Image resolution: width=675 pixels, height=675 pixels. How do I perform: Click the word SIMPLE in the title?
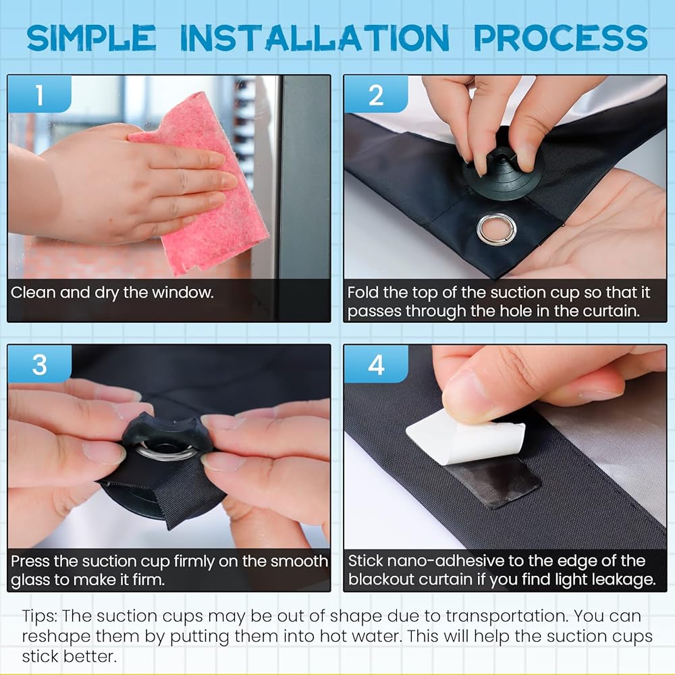click(91, 38)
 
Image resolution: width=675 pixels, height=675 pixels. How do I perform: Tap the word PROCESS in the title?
click(561, 38)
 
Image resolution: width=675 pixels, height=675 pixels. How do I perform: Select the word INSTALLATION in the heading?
click(315, 38)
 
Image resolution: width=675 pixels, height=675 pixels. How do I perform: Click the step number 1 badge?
click(40, 94)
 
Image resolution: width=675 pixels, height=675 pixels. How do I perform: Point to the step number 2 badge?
click(376, 94)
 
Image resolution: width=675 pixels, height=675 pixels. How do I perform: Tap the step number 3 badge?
click(40, 364)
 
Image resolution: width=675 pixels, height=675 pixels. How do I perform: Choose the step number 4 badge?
click(376, 364)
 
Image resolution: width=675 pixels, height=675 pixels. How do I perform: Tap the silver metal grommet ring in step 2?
click(496, 228)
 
